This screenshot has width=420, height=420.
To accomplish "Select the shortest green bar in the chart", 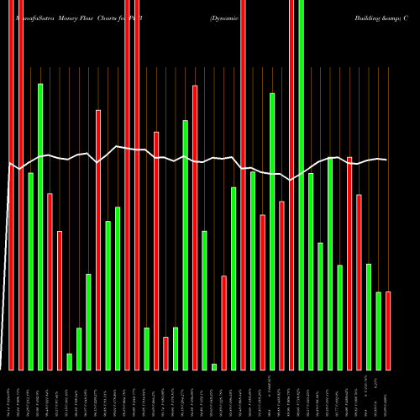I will click(214, 366).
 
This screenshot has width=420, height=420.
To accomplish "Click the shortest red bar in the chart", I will click(165, 353).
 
